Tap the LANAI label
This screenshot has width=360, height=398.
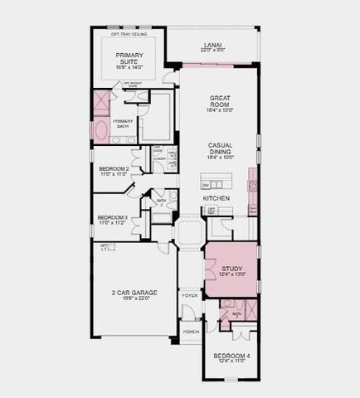[212, 45]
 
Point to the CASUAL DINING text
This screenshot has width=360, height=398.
[220, 148]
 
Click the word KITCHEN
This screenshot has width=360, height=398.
[216, 199]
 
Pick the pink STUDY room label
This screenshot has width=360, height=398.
[231, 269]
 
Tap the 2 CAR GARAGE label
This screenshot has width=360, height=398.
[134, 293]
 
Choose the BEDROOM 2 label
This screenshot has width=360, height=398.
[114, 168]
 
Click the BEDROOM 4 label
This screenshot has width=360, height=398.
[231, 356]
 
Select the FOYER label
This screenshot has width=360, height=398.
[190, 295]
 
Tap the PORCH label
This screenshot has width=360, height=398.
[190, 331]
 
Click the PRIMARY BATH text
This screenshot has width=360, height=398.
[123, 123]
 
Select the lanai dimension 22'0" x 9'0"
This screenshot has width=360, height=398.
[212, 51]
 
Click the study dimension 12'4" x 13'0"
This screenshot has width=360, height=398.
[231, 275]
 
